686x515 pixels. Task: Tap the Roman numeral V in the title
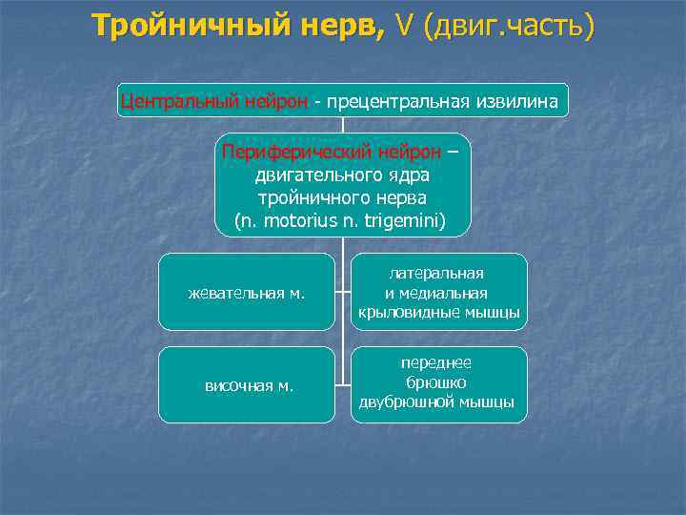pyautogui.click(x=405, y=26)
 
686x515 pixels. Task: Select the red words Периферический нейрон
pyautogui.click(x=332, y=152)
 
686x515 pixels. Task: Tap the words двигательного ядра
pyautogui.click(x=342, y=175)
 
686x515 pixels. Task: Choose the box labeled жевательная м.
pyautogui.click(x=246, y=293)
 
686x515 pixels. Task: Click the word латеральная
pyautogui.click(x=436, y=274)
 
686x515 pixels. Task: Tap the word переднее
pyautogui.click(x=436, y=363)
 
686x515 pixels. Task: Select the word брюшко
pyautogui.click(x=436, y=382)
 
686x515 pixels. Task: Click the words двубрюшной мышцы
pyautogui.click(x=436, y=402)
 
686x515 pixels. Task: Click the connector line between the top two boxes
pyautogui.click(x=343, y=125)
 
